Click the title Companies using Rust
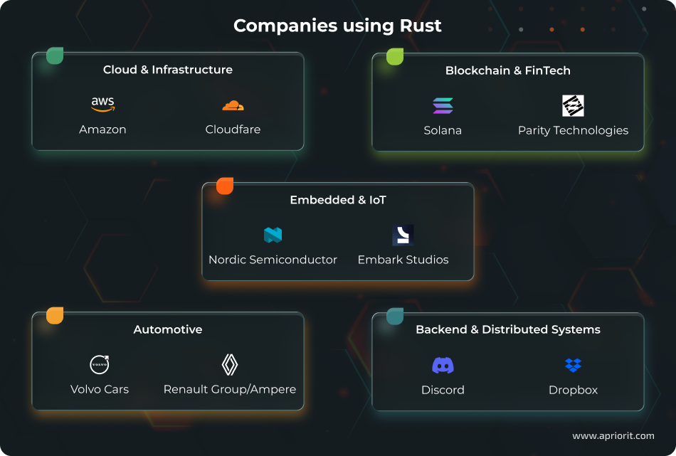click(337, 26)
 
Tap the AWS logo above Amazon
click(103, 105)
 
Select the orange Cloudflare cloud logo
click(233, 106)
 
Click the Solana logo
click(443, 106)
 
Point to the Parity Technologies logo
click(573, 105)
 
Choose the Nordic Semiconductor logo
click(273, 235)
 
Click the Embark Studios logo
click(403, 235)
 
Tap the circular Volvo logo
click(100, 365)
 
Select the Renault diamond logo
click(230, 365)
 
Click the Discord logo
click(443, 366)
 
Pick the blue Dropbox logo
click(573, 366)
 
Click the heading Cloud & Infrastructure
click(168, 70)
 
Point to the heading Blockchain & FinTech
click(507, 70)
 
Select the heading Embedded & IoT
click(338, 200)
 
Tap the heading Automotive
click(168, 329)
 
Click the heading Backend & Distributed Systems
click(507, 329)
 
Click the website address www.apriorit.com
click(613, 435)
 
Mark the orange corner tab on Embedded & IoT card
click(225, 186)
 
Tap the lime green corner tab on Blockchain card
click(395, 57)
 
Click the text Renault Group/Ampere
click(230, 389)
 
